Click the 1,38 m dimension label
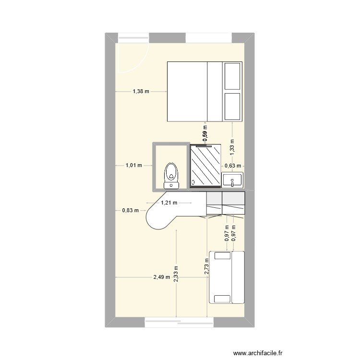141,91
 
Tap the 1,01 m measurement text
133,166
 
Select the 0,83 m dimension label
130,210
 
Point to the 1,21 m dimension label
169,203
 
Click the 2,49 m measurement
161,277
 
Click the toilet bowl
171,172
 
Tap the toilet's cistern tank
171,185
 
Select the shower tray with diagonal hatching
205,165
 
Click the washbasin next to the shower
232,180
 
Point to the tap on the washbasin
232,183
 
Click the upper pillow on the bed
232,76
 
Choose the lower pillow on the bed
232,107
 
